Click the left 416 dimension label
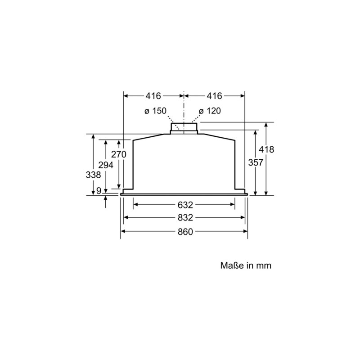(x=153, y=96)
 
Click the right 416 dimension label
(x=215, y=96)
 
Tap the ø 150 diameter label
(x=155, y=111)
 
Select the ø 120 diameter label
(x=210, y=111)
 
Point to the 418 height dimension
(x=266, y=149)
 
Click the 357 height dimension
(x=256, y=162)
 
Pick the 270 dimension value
(x=119, y=154)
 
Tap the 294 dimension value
(x=106, y=165)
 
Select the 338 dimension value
(x=93, y=175)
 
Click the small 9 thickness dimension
(x=99, y=190)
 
